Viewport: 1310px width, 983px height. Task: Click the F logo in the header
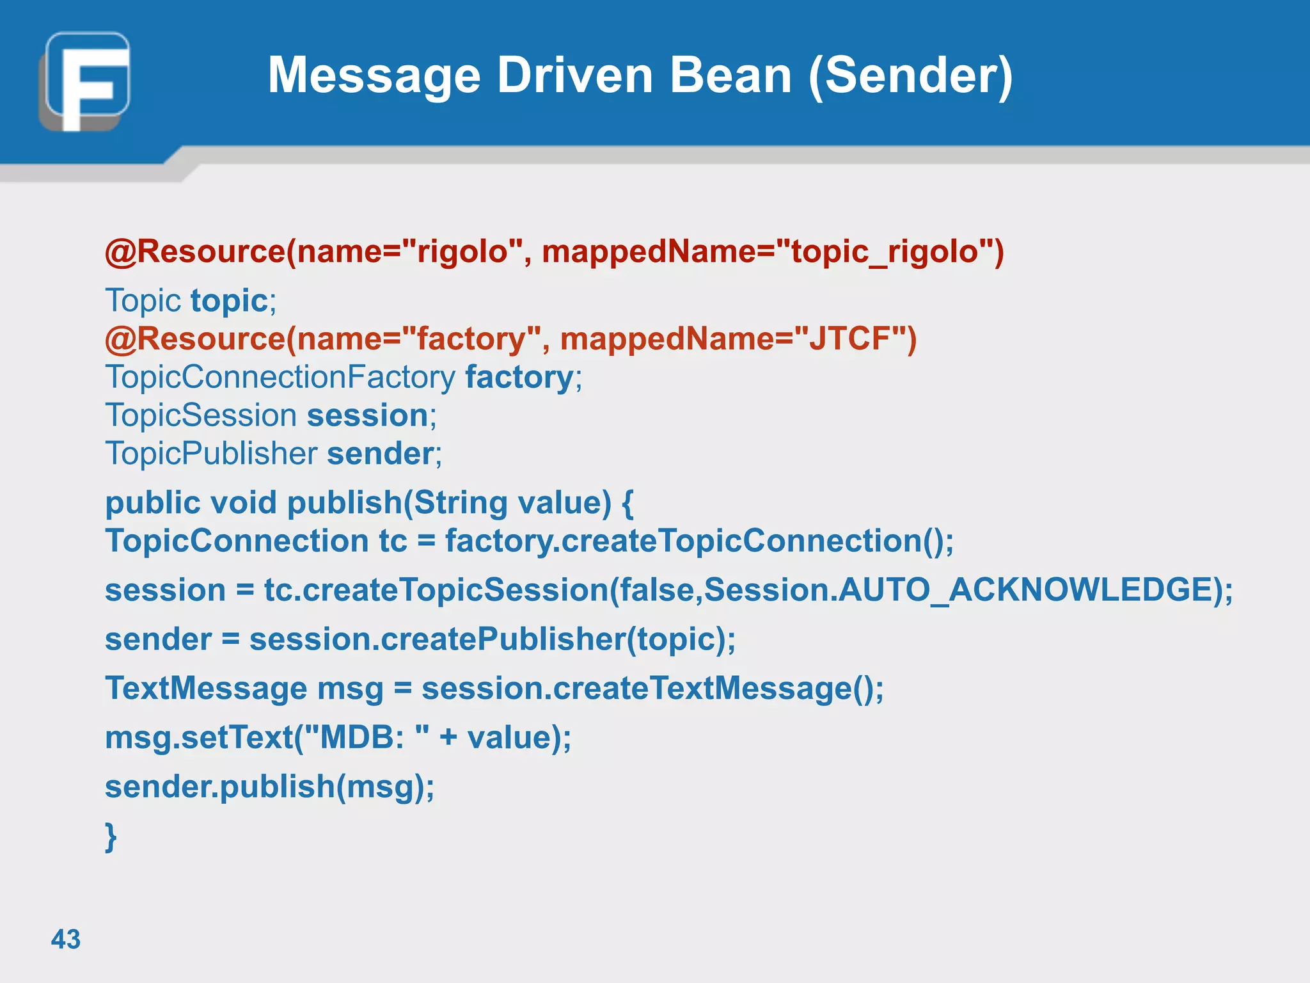(x=85, y=81)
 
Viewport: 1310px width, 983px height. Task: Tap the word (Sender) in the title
(x=910, y=76)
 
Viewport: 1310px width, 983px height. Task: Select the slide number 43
(x=65, y=939)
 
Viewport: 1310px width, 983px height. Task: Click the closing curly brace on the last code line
(x=111, y=836)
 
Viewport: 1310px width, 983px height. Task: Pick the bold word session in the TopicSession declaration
(x=367, y=415)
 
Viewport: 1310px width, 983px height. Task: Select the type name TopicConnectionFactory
(x=280, y=377)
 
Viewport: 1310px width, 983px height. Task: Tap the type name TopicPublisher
(x=211, y=454)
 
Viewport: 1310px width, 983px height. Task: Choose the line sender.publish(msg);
(x=269, y=787)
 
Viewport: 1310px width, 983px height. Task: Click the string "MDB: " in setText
(x=369, y=737)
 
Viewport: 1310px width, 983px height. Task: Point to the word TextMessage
(x=206, y=689)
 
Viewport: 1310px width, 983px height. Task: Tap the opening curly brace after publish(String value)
(x=627, y=503)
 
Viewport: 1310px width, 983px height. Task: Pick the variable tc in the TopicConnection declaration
(x=393, y=541)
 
